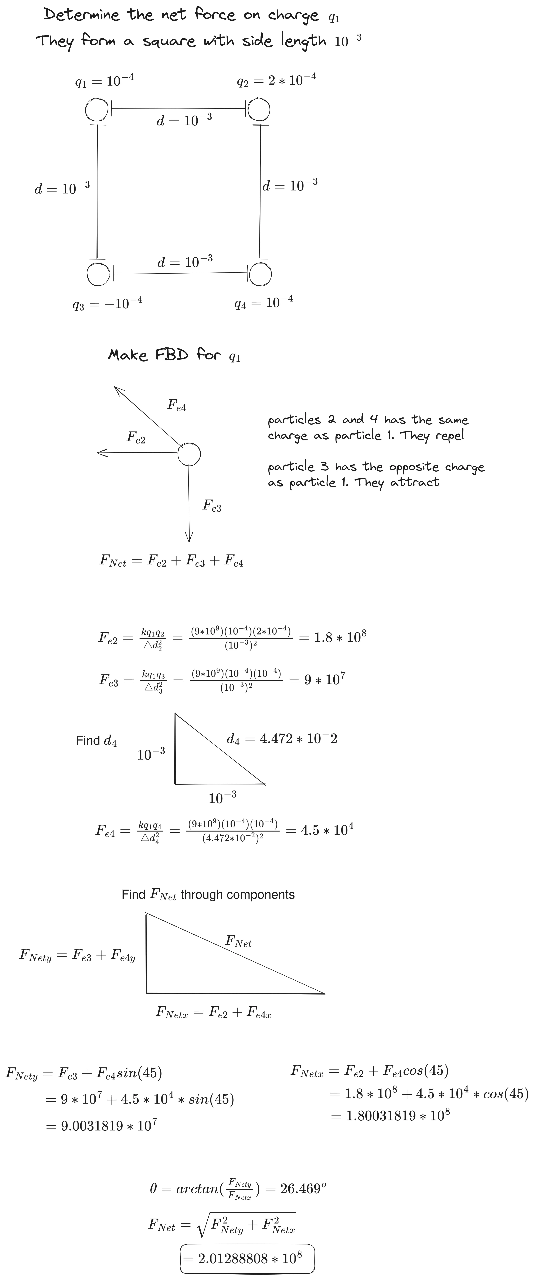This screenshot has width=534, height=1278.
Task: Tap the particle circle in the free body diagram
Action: (189, 453)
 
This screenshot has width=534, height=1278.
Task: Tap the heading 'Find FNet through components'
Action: (208, 894)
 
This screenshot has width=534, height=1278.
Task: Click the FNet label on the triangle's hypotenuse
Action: (239, 941)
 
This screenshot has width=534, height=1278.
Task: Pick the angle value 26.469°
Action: (303, 1189)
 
